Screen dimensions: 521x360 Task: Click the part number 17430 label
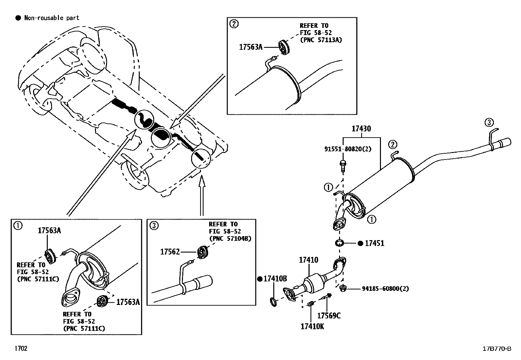[361, 129]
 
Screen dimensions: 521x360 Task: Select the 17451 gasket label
[374, 243]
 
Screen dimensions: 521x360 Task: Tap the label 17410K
[312, 326]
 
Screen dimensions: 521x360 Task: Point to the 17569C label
[329, 315]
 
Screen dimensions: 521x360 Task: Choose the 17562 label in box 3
[170, 252]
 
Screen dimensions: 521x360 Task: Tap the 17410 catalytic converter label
[308, 260]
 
